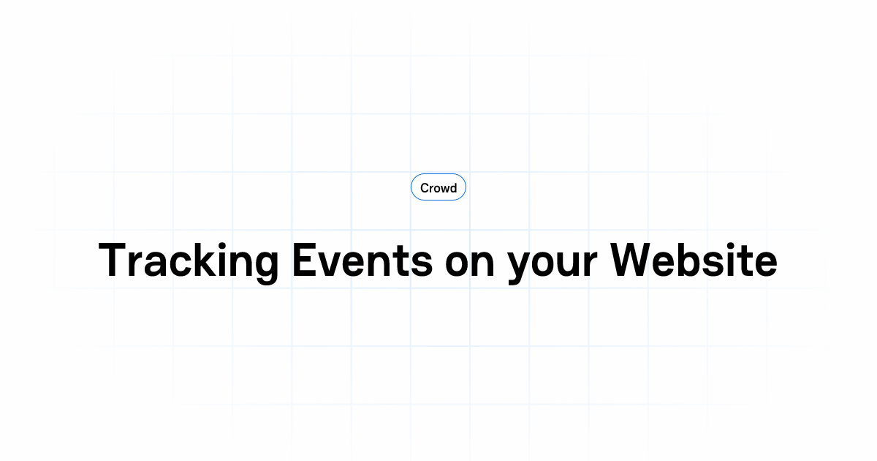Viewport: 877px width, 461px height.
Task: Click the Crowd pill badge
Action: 438,188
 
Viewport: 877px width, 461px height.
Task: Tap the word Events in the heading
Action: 362,259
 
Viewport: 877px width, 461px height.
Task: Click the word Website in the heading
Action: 694,259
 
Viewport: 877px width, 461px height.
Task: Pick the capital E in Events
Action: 303,259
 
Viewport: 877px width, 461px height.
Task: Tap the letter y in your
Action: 520,266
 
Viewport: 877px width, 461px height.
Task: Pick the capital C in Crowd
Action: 425,188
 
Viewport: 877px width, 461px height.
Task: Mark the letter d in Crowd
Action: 453,188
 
